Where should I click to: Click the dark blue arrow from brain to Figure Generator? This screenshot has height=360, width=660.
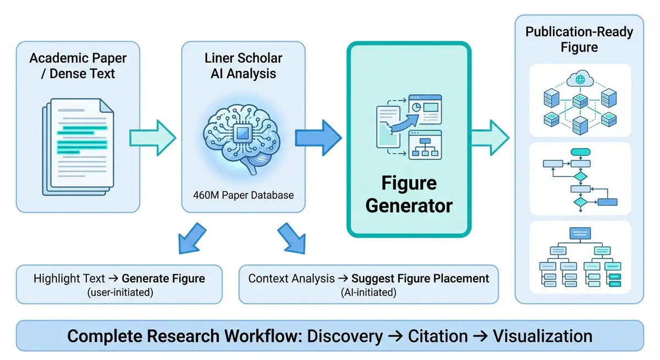click(x=318, y=137)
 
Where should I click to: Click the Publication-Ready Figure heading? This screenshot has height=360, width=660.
click(x=579, y=39)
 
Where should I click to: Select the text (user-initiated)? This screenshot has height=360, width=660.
click(x=119, y=292)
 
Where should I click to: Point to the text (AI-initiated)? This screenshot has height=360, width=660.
click(x=369, y=292)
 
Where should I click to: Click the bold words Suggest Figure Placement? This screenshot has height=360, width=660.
click(x=420, y=278)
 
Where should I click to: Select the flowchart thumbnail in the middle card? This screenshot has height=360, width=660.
click(x=579, y=178)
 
